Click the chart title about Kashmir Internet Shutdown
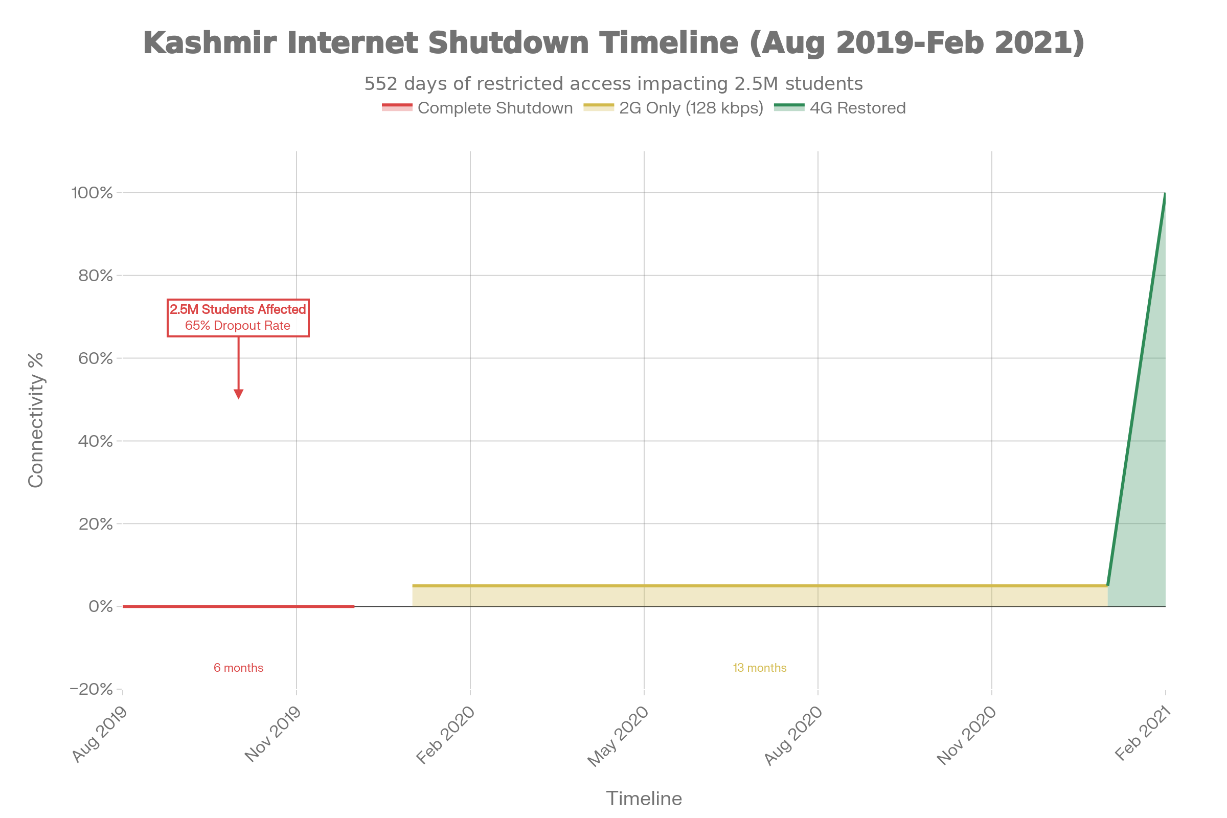point(613,43)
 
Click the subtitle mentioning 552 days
point(613,83)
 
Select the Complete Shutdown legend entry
point(477,108)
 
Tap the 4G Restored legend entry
point(839,108)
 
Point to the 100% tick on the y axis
point(93,193)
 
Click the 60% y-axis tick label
point(96,358)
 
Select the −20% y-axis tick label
point(92,689)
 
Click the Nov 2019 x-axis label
point(273,734)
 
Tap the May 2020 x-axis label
point(618,736)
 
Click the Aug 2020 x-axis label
point(793,736)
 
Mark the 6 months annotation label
point(238,668)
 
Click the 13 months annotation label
point(760,668)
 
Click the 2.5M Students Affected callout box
point(238,317)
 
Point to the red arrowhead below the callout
point(238,394)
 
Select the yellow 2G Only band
point(757,595)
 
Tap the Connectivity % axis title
point(36,420)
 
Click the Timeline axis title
point(644,799)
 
